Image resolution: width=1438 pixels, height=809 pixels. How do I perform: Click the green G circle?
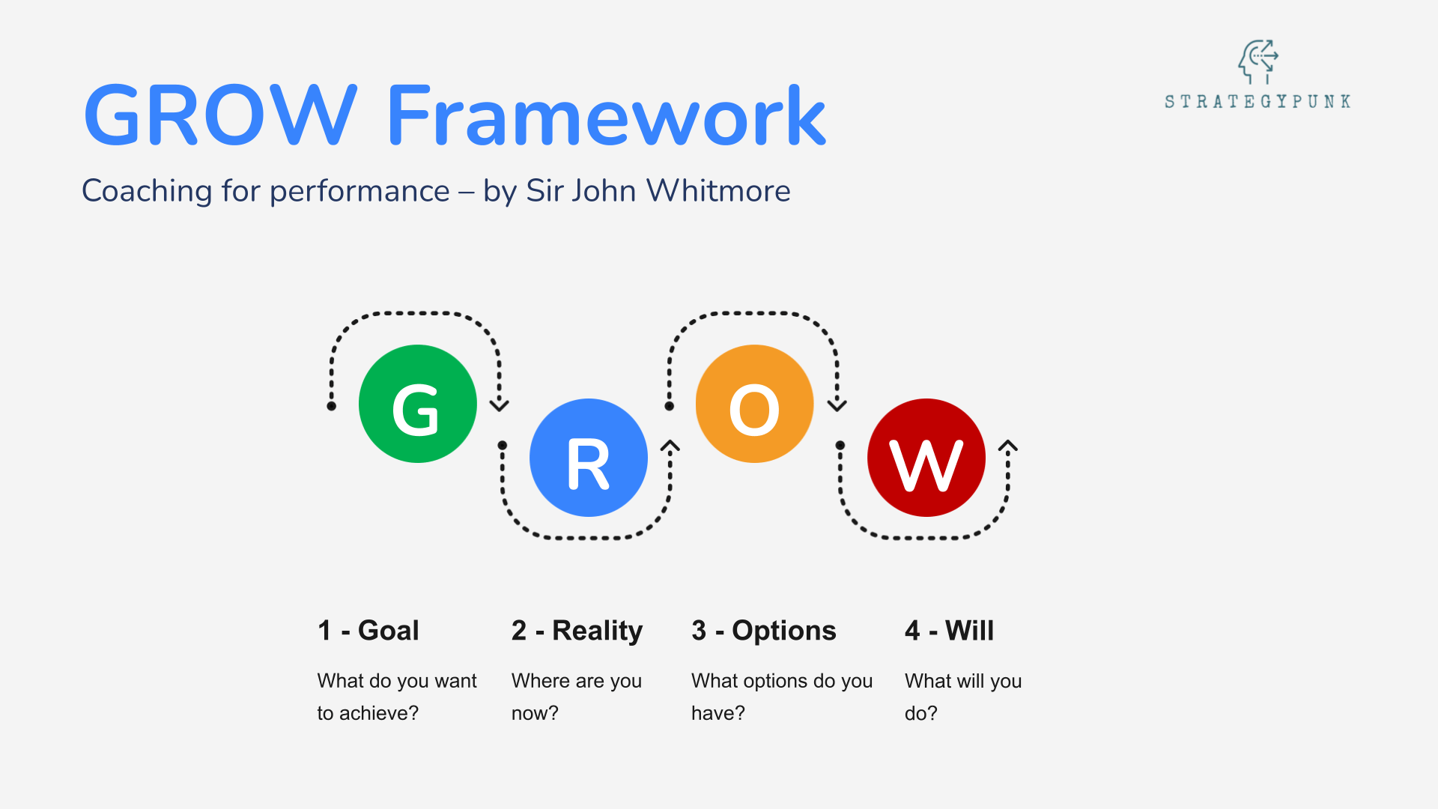coord(417,404)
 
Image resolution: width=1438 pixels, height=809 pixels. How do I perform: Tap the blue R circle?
coord(588,458)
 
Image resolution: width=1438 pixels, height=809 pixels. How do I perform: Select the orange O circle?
coord(754,404)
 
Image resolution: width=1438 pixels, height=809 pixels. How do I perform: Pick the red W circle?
coord(926,458)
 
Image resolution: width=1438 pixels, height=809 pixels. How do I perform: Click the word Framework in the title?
coord(605,115)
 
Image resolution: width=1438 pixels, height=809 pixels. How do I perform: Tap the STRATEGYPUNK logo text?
coord(1258,101)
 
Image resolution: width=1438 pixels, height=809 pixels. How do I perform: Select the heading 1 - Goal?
coord(368,631)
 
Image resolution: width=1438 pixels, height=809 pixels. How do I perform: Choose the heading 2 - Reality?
coord(577,631)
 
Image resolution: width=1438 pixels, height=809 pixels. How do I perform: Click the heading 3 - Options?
coord(763,631)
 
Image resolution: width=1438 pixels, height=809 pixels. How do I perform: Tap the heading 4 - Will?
coord(949,631)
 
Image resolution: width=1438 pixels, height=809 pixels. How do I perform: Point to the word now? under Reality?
coord(535,713)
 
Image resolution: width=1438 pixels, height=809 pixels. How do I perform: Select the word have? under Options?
coord(718,713)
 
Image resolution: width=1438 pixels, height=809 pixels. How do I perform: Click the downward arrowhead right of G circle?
coord(500,405)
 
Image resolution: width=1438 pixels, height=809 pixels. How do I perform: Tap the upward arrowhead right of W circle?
coord(1008,446)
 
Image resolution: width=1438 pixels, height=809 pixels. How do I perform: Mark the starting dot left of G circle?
coord(332,406)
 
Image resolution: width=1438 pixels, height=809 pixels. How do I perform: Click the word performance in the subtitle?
coord(359,192)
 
